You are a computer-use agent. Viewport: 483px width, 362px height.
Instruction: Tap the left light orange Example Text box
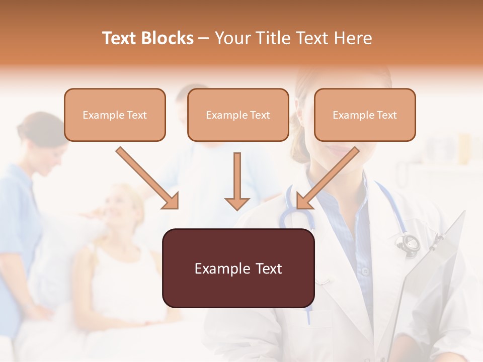115,115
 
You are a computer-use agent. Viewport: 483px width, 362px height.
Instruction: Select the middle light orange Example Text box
238,115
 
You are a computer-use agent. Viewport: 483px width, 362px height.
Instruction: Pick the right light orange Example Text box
365,115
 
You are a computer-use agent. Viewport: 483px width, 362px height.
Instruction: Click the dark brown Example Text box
238,268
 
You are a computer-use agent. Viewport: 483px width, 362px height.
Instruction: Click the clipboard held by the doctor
433,282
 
